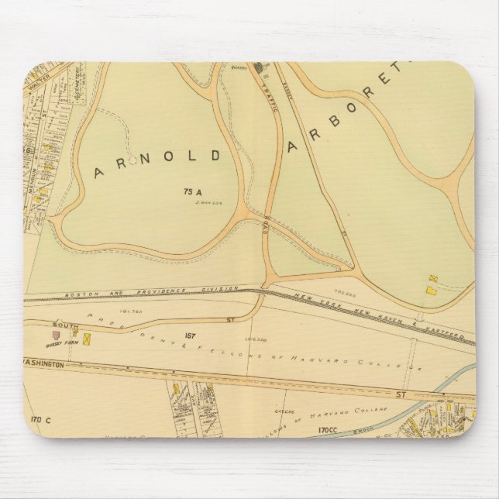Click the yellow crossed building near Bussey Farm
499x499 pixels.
coord(88,339)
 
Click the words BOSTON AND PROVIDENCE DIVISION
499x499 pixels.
coord(136,291)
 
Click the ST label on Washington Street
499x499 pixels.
coord(401,394)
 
